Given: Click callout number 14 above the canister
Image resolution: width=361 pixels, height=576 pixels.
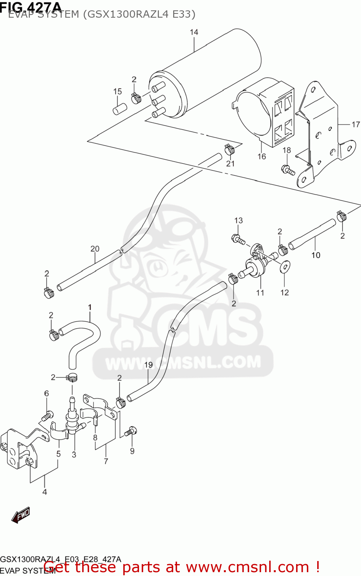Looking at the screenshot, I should click(194, 32).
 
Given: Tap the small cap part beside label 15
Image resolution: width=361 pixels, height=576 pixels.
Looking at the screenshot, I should click(119, 108).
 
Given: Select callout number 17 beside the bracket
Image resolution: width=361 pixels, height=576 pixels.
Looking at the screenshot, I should click(356, 124).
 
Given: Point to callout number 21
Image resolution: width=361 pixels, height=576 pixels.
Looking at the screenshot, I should click(230, 164).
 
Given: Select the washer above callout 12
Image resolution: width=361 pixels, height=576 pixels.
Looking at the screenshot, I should click(285, 266).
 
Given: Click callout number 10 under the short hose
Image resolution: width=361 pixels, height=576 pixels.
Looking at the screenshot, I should click(316, 255).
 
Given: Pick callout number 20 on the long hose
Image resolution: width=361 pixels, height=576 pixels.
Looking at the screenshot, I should click(95, 249).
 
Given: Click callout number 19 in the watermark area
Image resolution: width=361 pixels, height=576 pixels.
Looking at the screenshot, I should click(148, 365).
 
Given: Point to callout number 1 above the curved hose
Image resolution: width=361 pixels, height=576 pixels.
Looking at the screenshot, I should click(90, 307).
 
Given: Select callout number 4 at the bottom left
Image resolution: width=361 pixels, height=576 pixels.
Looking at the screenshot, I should click(45, 492).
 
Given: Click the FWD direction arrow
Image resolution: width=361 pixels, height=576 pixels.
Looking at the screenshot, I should click(20, 515).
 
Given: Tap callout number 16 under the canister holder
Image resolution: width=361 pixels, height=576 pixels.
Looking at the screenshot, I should click(262, 156).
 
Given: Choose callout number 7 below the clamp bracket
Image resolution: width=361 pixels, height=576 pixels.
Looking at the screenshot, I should click(106, 461).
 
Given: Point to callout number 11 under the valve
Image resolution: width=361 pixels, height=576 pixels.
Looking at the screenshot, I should click(260, 293).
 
